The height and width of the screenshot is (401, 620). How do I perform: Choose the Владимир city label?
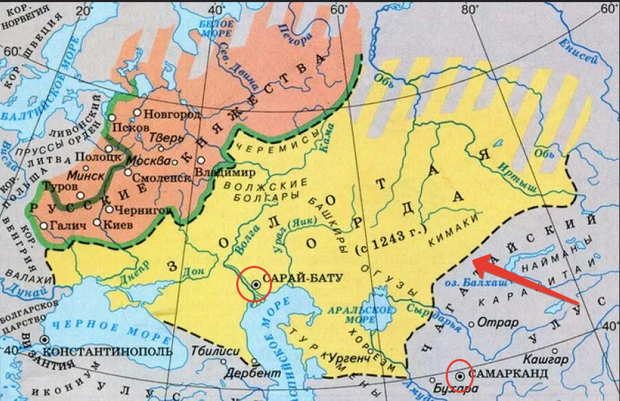click(x=225, y=172)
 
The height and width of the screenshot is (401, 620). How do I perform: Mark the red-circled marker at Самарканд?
click(x=459, y=375)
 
